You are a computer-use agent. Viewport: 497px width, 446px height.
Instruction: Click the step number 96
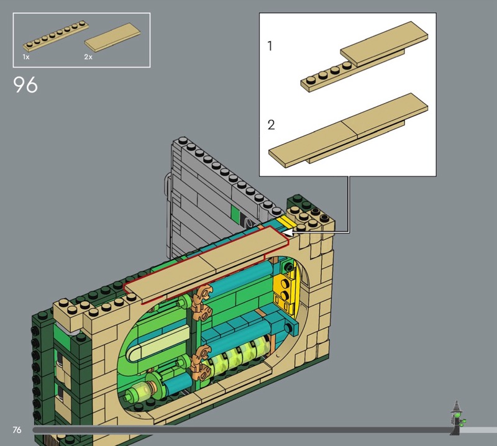(25, 84)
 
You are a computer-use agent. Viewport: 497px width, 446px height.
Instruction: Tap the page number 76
(17, 430)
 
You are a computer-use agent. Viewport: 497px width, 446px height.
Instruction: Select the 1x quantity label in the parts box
(26, 57)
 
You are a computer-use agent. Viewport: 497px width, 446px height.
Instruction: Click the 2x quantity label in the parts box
(88, 57)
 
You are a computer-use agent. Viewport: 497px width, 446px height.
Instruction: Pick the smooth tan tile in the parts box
(112, 37)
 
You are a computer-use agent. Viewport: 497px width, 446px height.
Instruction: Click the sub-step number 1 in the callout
(270, 46)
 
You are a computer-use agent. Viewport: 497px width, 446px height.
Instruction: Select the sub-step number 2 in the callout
(271, 125)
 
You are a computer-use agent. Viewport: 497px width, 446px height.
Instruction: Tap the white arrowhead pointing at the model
(287, 233)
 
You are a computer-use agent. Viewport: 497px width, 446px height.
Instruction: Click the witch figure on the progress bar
(457, 418)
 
